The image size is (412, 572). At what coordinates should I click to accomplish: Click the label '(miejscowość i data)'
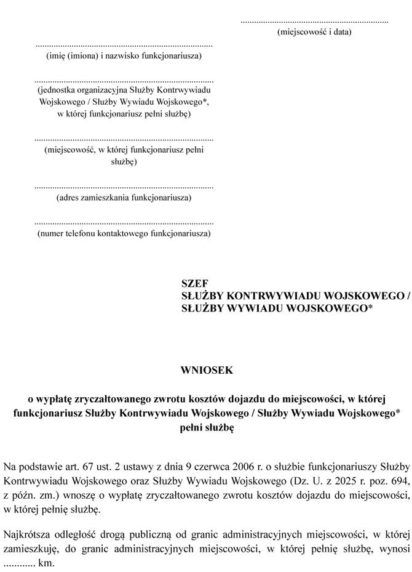314,31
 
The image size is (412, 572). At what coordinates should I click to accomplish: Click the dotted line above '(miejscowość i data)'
314,22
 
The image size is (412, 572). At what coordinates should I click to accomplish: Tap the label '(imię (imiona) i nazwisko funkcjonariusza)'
124,56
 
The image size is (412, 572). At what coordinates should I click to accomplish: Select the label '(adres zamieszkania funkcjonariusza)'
124,198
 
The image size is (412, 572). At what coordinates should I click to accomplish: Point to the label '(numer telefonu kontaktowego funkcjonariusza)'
124,233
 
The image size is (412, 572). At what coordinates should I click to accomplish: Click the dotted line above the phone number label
124,223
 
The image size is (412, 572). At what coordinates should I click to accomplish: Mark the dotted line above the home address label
124,187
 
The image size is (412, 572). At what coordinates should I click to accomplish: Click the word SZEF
195,284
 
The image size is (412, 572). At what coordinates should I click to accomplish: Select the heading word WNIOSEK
207,371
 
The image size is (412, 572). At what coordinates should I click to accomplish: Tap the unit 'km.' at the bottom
47,563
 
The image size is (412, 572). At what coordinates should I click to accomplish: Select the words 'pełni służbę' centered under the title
207,428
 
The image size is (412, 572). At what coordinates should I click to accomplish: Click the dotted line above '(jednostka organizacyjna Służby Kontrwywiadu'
124,81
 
